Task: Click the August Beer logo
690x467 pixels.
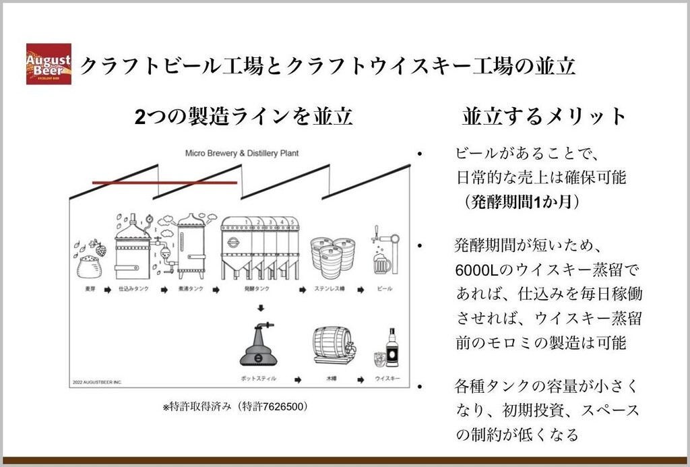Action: (49, 64)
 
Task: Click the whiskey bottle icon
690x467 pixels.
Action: (391, 348)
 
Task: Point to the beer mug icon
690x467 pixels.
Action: (382, 263)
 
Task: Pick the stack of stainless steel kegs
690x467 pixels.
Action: (332, 257)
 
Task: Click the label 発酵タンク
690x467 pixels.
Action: (259, 289)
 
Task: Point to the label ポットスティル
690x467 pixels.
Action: (259, 379)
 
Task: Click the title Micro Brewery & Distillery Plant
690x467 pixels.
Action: (242, 153)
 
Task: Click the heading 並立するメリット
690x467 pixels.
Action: (544, 116)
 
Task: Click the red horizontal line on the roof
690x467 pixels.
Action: (164, 182)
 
